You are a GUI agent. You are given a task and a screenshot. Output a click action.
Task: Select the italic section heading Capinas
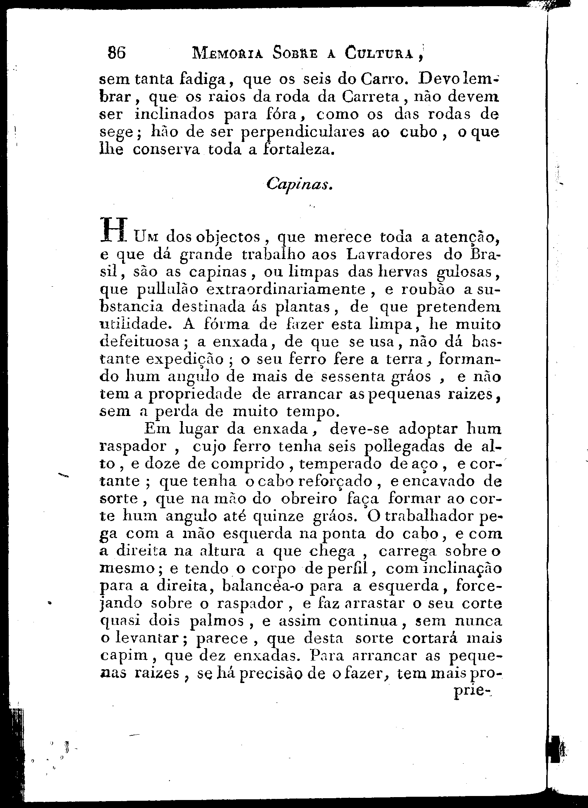[x=298, y=185]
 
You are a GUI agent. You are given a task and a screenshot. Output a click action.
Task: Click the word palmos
[x=217, y=621]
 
